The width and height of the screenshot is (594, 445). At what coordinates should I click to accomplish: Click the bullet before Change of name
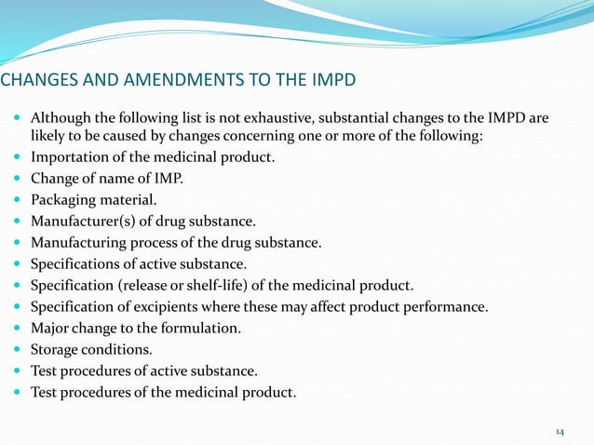tap(19, 179)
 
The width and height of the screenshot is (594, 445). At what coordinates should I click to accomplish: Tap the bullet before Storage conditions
tap(19, 350)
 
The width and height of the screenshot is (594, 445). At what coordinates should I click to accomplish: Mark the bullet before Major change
tap(19, 329)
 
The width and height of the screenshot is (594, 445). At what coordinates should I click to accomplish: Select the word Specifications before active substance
tap(76, 263)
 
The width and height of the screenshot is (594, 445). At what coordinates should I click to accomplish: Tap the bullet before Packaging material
tap(19, 200)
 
